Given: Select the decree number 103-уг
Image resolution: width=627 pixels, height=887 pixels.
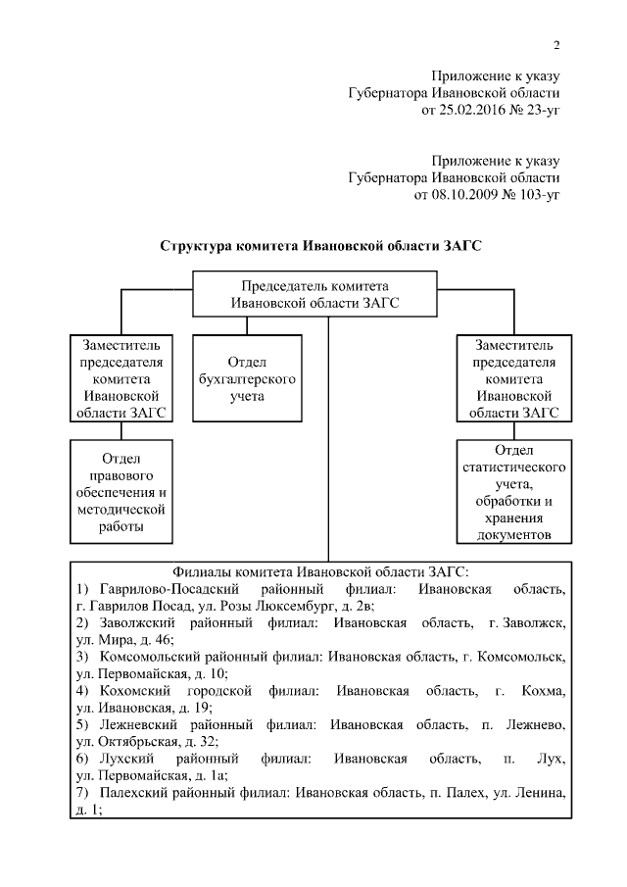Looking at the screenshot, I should (x=536, y=194).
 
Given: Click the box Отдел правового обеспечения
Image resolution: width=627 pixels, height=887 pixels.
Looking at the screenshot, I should (x=122, y=491).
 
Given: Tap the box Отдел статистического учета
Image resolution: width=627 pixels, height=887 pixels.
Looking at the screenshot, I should (x=514, y=491).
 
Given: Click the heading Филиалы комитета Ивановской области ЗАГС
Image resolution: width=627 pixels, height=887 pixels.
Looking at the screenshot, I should (x=320, y=570).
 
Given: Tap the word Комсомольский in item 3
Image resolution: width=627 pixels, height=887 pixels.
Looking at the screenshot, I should (x=142, y=658).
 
